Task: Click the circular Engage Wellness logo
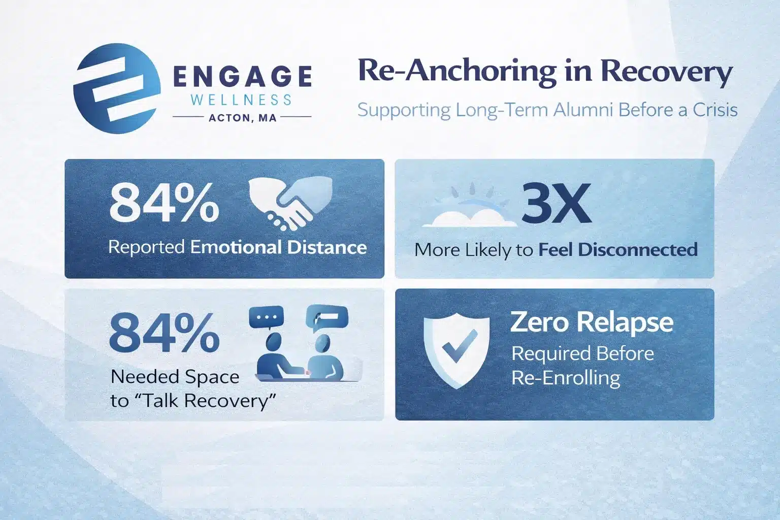click(x=117, y=88)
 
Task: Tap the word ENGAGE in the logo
click(x=242, y=77)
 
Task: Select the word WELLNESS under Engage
click(x=241, y=100)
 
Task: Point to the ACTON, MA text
click(x=242, y=118)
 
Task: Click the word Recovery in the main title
click(x=666, y=72)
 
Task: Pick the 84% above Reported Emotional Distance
click(x=164, y=203)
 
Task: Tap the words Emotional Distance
click(x=278, y=248)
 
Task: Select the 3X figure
click(x=557, y=204)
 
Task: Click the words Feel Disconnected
click(x=617, y=250)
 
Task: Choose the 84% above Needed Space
click(x=164, y=334)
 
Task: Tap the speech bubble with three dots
click(x=266, y=318)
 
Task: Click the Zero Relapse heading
click(x=592, y=322)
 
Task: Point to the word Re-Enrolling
click(x=566, y=378)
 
